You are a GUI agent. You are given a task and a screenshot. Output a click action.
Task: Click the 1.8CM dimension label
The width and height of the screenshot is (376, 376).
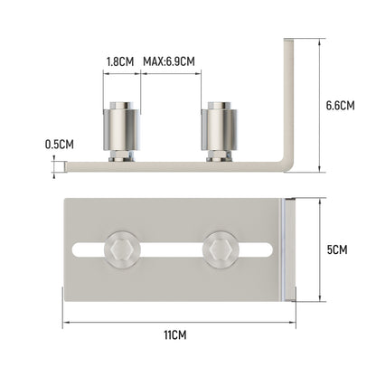pyautogui.click(x=120, y=61)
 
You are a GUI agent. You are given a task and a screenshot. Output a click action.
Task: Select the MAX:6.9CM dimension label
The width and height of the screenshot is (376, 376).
pyautogui.click(x=169, y=61)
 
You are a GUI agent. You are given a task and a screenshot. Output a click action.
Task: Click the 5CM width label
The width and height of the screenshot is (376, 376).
pyautogui.click(x=337, y=249)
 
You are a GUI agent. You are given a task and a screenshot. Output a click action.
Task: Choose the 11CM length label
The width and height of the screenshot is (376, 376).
pyautogui.click(x=174, y=334)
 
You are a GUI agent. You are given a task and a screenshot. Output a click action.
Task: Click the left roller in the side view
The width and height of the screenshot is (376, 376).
pyautogui.click(x=122, y=131)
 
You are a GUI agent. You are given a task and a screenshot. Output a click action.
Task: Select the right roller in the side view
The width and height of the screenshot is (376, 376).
pyautogui.click(x=220, y=131)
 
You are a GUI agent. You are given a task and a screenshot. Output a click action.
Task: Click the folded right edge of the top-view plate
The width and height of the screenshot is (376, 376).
pyautogui.click(x=286, y=249)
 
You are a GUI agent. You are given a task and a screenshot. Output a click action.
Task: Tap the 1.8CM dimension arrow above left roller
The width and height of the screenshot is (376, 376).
pyautogui.click(x=122, y=78)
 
